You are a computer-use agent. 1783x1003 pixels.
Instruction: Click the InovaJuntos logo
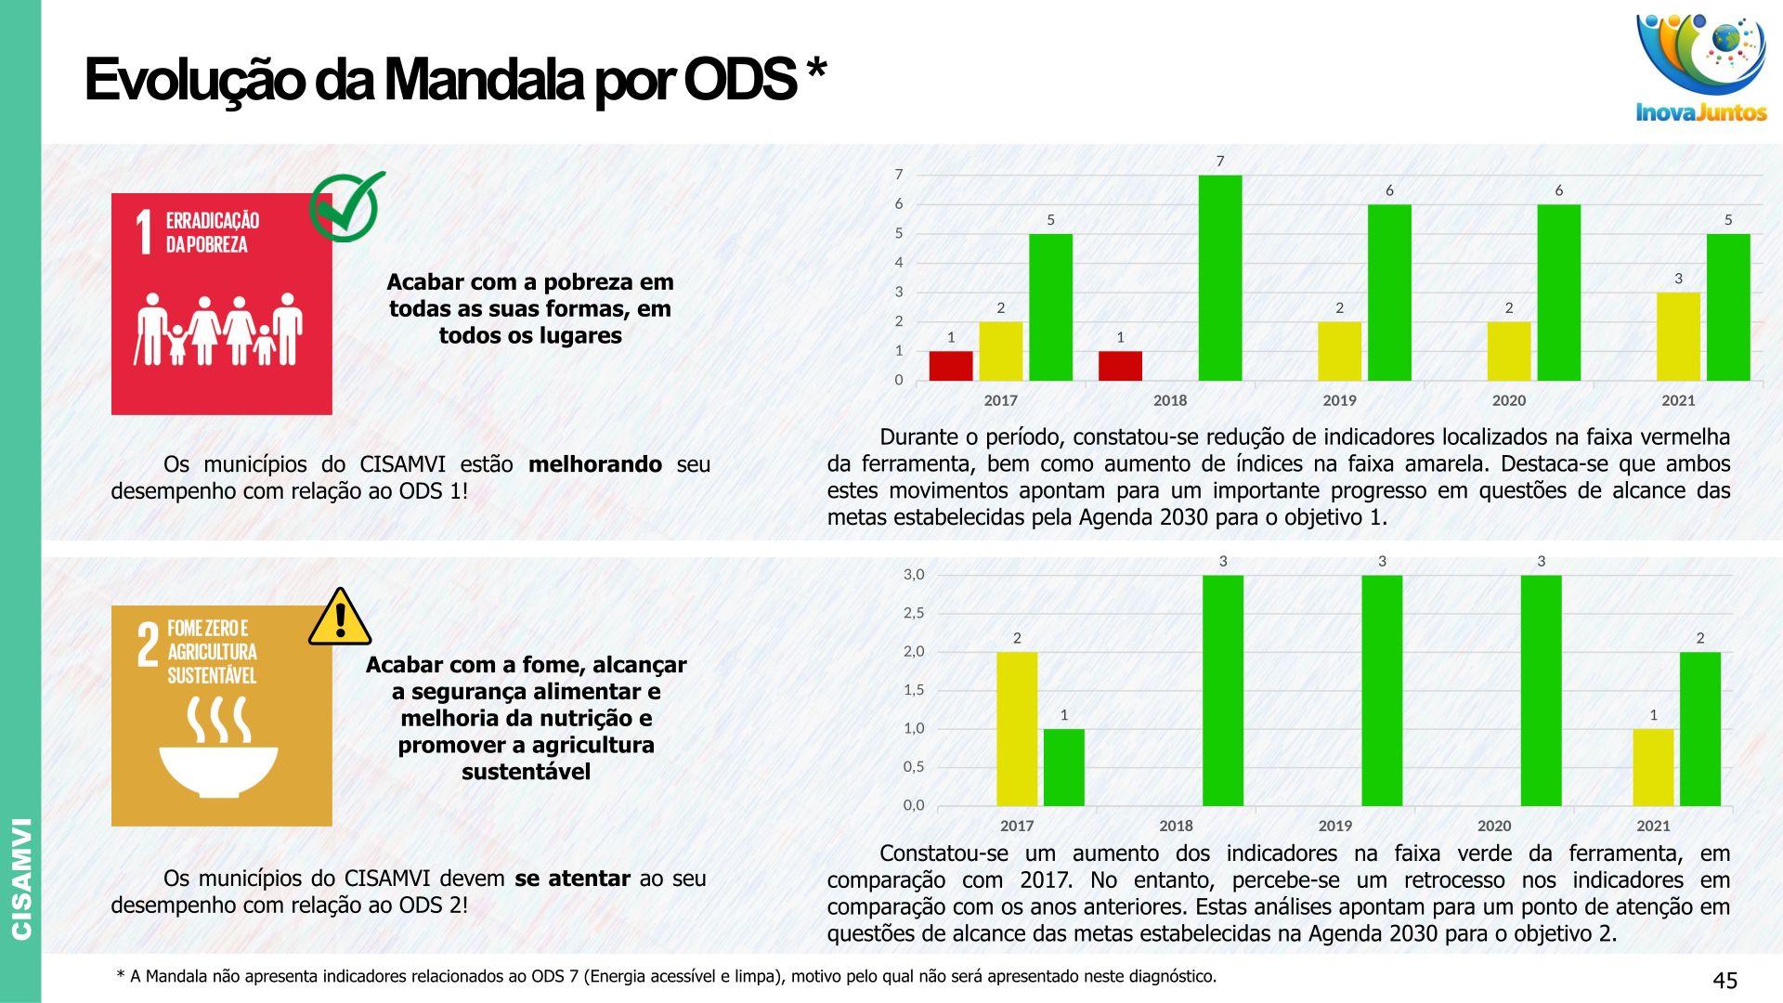1700,68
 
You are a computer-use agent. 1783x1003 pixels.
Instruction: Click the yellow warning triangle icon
340,618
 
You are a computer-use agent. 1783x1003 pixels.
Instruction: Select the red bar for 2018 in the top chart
1120,366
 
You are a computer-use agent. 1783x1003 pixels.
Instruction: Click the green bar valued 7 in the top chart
1220,278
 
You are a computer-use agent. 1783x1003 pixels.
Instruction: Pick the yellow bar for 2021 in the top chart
1678,336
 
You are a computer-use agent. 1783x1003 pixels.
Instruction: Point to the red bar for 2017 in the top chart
951,366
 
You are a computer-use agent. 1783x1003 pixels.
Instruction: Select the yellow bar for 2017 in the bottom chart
1017,729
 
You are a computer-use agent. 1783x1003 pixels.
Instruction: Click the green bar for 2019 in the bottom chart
1382,690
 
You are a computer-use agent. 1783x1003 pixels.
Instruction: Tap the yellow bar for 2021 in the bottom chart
1653,767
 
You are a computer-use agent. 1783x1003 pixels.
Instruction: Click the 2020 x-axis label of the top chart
1509,400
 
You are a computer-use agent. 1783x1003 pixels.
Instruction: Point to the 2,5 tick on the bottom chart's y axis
914,613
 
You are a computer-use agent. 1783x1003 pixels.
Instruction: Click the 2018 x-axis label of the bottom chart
1176,826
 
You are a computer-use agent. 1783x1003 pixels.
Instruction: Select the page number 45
1724,981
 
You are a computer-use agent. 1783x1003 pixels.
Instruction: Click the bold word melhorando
594,464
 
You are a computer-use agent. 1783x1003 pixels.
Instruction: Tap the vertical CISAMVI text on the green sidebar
21,878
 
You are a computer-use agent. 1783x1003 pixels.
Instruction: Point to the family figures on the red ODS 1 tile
219,330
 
